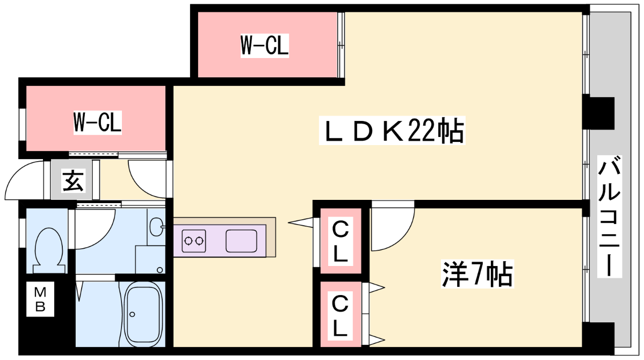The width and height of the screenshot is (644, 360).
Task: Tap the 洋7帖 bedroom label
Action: point(477,274)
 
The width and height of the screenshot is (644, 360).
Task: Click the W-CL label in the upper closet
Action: point(264,45)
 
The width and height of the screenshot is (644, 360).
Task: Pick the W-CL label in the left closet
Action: point(97,123)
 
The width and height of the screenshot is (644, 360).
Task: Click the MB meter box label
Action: point(41,300)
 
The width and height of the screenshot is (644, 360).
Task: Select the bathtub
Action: point(142,316)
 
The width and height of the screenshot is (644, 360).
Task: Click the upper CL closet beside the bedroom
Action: point(341,241)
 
